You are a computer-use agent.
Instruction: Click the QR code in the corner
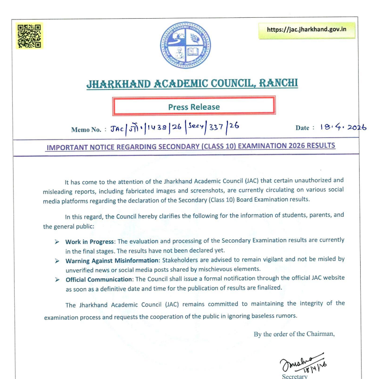[30, 36]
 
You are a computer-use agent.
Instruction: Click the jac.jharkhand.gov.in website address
[307, 30]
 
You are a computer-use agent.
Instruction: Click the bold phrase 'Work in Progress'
[90, 242]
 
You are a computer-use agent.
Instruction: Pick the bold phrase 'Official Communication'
[99, 279]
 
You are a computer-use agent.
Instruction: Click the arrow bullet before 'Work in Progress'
[57, 242]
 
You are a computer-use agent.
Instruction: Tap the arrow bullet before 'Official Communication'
[57, 279]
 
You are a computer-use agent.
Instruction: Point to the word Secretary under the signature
[295, 376]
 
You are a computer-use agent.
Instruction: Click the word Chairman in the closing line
[321, 334]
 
